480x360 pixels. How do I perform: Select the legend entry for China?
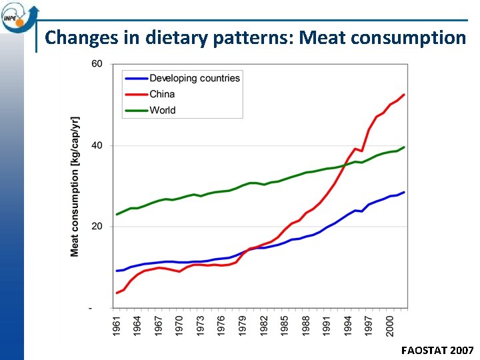(x=163, y=94)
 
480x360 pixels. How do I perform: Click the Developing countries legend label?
(x=194, y=78)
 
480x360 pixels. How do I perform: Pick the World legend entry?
(x=163, y=110)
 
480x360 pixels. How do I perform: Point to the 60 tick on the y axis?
(x=97, y=64)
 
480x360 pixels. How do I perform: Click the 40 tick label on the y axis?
(x=97, y=145)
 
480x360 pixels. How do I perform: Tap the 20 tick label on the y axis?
(x=97, y=227)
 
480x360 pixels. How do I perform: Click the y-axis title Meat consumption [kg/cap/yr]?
(x=75, y=186)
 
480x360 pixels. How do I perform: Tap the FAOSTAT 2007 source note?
(x=437, y=350)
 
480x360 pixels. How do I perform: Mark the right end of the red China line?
(x=404, y=95)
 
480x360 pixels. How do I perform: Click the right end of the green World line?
(x=404, y=147)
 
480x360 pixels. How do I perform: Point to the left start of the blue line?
(x=117, y=271)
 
